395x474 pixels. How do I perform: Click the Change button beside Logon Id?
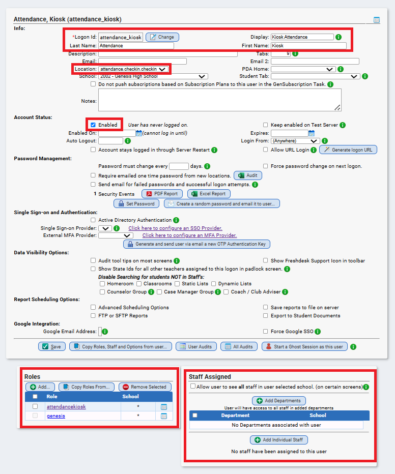click(162, 37)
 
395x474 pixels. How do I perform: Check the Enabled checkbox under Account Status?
click(93, 125)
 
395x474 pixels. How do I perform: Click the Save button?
click(51, 346)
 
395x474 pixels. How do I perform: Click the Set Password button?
click(136, 203)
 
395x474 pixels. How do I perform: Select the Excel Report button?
click(209, 194)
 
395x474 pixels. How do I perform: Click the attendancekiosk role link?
click(66, 406)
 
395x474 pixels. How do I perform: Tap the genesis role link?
click(55, 416)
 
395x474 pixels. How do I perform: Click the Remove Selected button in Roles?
click(145, 387)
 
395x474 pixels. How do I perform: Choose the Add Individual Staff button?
click(278, 440)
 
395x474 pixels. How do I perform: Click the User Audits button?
click(196, 346)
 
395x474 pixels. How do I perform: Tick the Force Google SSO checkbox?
click(265, 332)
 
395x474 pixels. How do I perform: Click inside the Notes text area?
click(219, 100)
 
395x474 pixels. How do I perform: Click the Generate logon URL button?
click(348, 150)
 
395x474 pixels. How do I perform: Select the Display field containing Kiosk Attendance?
click(302, 37)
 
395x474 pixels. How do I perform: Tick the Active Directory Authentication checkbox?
click(93, 220)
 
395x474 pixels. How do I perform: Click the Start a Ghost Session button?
click(304, 346)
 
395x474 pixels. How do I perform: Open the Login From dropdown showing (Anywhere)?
click(295, 141)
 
